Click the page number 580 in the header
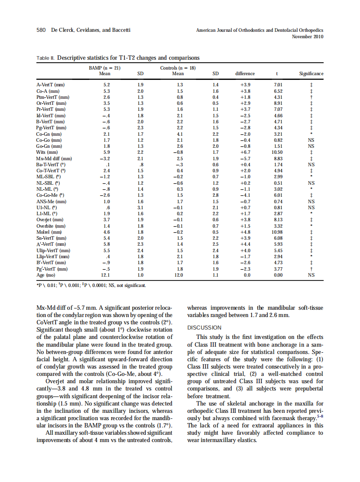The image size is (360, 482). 41,30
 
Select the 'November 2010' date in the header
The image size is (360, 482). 307,37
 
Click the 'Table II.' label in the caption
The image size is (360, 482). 46,58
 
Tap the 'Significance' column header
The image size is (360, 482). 311,73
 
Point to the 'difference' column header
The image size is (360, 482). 245,73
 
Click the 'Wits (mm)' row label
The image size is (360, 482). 47,152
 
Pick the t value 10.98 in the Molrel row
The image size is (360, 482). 278,232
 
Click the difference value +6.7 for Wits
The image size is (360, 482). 245,152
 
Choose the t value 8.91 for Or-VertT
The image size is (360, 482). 278,103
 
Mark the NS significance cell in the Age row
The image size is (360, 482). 311,275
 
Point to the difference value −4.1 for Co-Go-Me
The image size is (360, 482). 245,195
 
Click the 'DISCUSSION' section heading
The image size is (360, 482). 204,327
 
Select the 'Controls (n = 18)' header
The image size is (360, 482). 178,68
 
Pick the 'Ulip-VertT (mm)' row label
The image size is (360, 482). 54,250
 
